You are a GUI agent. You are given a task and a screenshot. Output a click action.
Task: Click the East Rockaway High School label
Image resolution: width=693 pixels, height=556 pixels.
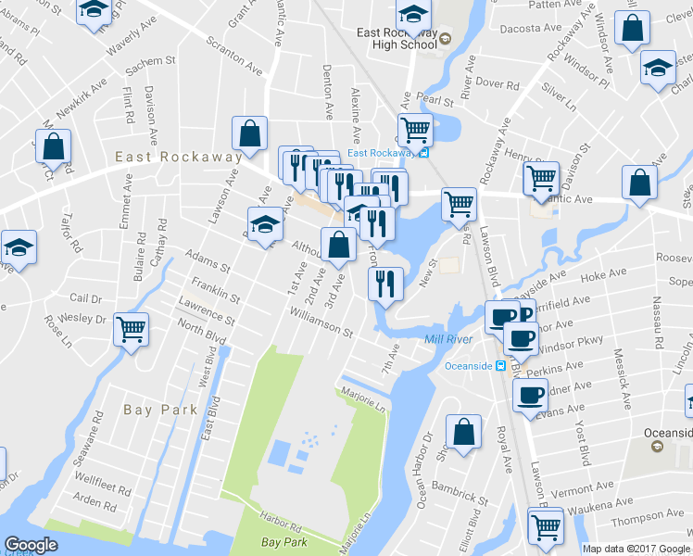397,38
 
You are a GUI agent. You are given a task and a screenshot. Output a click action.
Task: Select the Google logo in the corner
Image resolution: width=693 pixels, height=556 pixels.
31,544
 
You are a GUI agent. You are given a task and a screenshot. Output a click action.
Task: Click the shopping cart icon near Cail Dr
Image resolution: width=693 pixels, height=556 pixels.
132,329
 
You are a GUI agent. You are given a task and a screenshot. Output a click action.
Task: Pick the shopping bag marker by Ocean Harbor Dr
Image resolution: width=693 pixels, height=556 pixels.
463,432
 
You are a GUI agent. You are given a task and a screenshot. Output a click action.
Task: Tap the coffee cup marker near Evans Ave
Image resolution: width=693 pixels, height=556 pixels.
530,397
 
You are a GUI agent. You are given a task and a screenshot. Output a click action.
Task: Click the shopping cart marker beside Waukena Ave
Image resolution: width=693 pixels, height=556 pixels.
546,525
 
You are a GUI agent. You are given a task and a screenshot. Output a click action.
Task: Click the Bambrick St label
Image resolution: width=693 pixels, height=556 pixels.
461,497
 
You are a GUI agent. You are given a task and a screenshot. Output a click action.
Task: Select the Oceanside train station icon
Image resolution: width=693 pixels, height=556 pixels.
500,365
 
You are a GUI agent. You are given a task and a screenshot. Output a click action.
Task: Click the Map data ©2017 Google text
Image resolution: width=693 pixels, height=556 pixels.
636,549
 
